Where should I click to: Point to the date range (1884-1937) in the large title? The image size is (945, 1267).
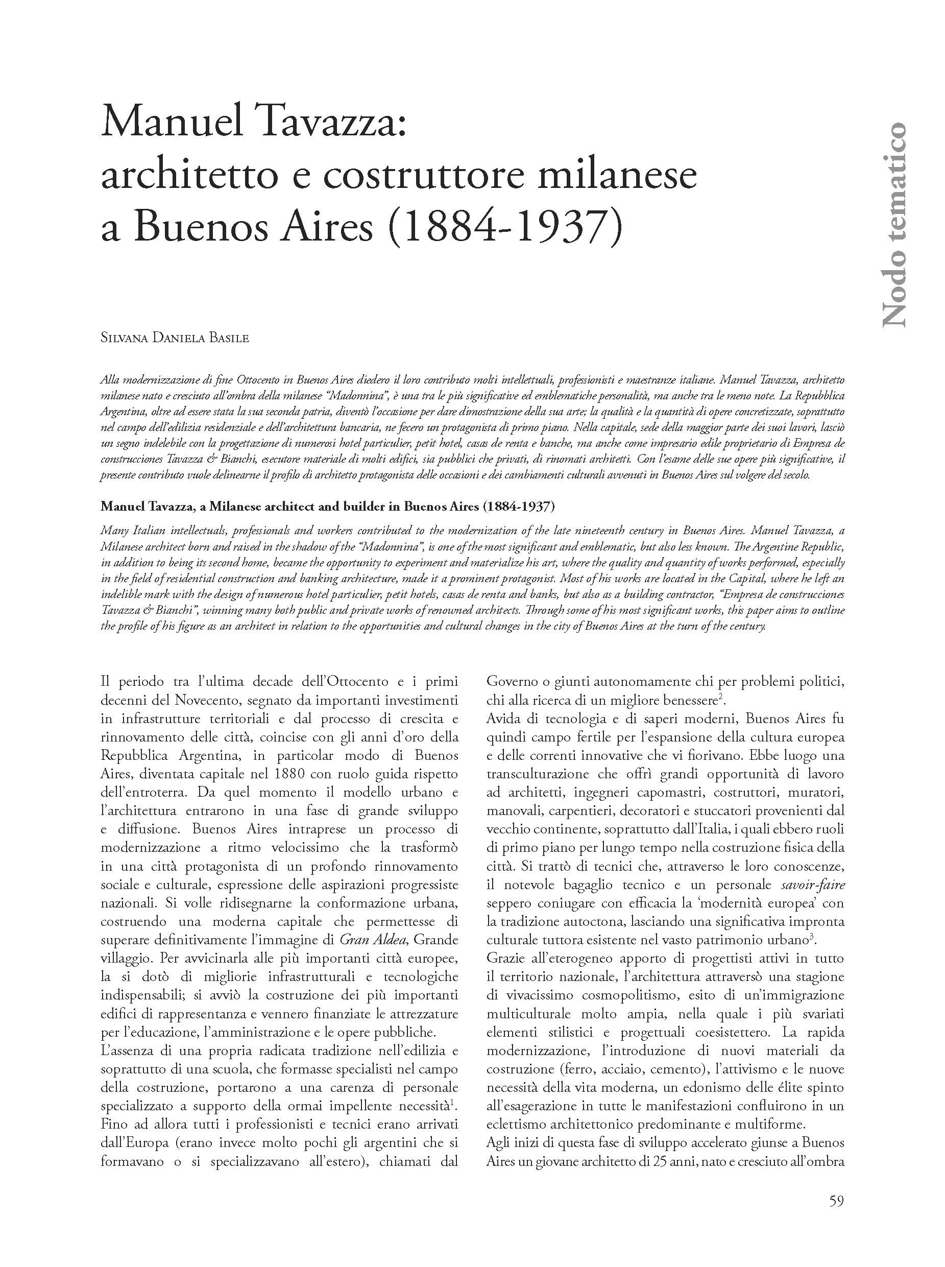coord(504,227)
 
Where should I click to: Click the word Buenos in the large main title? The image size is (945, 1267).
coord(206,227)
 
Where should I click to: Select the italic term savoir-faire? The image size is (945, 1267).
coord(812,884)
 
